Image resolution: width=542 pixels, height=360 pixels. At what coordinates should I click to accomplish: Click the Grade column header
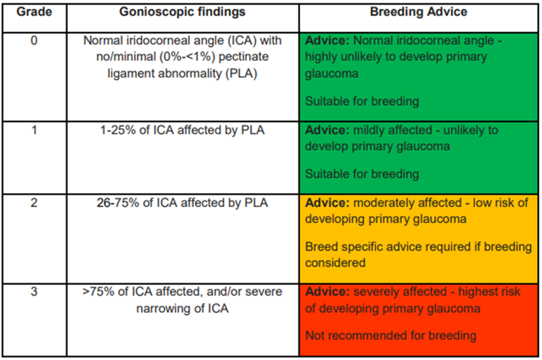click(34, 12)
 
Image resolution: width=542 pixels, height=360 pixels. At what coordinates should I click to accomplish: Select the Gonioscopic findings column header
click(182, 12)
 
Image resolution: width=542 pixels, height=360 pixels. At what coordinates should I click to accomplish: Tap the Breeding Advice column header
click(418, 12)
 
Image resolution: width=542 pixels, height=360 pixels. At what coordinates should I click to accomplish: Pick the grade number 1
click(34, 131)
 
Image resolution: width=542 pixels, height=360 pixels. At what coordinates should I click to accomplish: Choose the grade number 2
click(34, 203)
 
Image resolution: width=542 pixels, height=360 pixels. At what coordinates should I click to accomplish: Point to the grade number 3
click(34, 292)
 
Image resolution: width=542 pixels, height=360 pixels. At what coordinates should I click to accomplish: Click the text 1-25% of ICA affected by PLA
click(182, 131)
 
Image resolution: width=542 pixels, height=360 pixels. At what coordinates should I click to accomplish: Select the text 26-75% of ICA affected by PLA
click(182, 203)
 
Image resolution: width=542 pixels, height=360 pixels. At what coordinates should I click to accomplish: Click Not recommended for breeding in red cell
click(390, 336)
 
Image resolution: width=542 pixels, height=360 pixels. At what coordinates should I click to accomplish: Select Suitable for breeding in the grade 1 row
click(362, 174)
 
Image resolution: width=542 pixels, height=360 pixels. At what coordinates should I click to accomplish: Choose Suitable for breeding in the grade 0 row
click(362, 101)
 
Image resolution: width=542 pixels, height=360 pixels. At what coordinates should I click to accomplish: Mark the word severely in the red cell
click(376, 292)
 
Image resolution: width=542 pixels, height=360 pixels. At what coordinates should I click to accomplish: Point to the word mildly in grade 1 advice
click(370, 131)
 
